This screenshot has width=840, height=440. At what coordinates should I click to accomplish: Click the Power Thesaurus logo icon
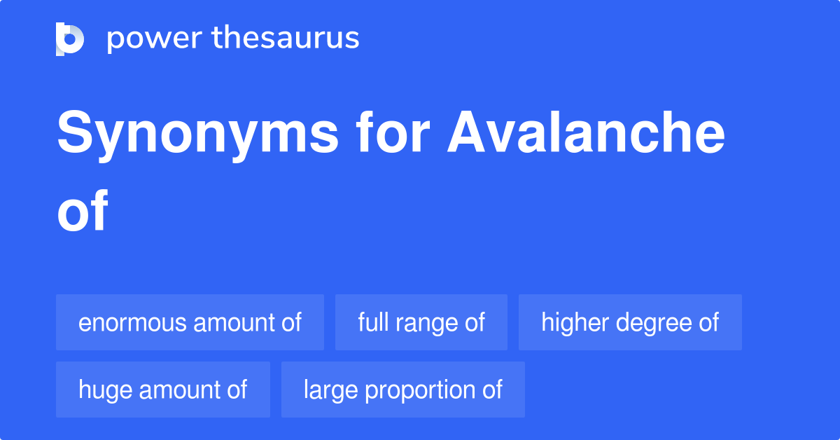tap(70, 39)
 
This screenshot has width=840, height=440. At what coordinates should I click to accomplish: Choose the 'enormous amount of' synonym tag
tap(190, 322)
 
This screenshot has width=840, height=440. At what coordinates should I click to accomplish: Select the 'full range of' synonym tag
tap(421, 322)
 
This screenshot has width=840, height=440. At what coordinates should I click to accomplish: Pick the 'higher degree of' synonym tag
tap(630, 322)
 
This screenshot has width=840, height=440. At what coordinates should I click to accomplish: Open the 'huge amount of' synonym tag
tap(163, 390)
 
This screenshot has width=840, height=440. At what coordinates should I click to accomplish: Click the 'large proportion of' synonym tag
tap(403, 390)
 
